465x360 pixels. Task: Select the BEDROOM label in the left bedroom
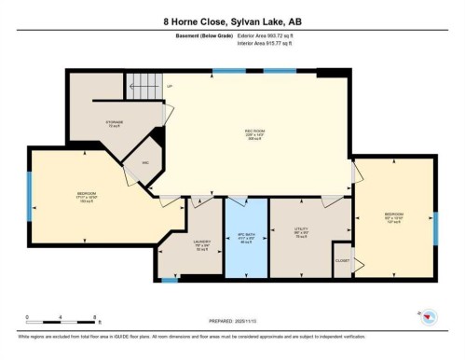[x=87, y=195]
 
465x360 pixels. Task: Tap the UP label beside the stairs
[x=170, y=87]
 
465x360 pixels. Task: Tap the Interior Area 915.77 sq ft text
[x=271, y=43]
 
